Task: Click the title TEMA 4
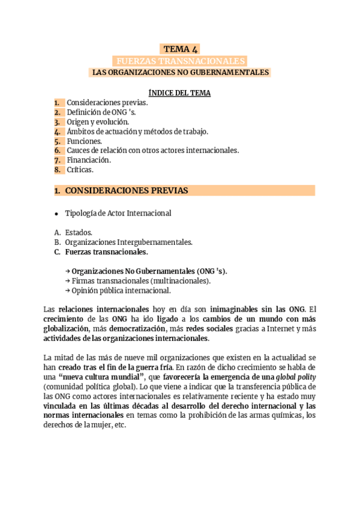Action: coord(180,49)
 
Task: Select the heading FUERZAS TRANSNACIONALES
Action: coord(180,61)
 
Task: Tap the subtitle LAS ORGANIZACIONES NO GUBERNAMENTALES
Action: coord(180,73)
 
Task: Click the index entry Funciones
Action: coord(84,141)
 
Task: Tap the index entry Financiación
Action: coord(89,160)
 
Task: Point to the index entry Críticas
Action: coord(80,170)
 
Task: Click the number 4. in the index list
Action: coord(58,131)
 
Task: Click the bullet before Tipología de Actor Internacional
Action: coord(56,213)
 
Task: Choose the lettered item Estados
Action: coord(79,232)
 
